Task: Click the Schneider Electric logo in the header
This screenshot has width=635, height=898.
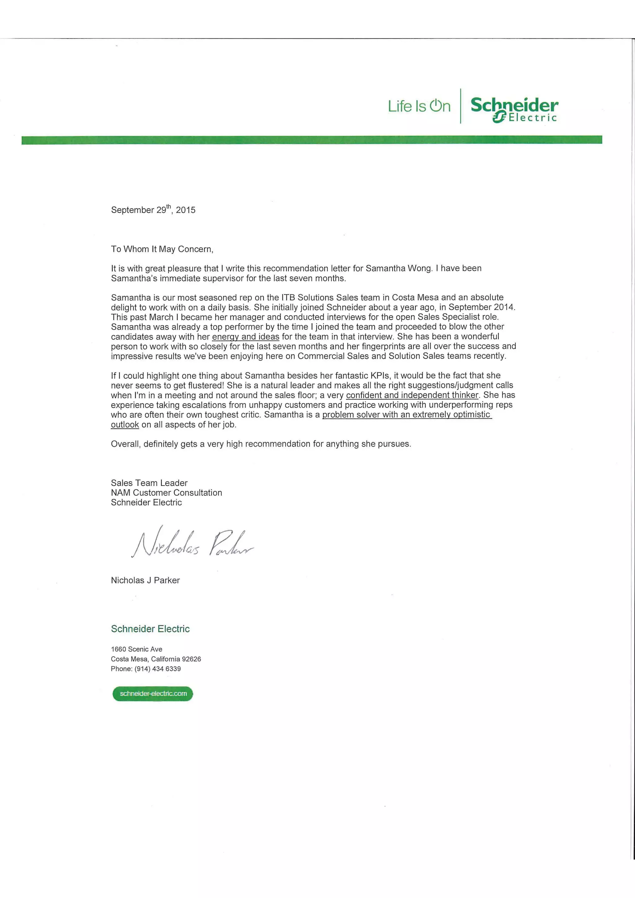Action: pyautogui.click(x=514, y=109)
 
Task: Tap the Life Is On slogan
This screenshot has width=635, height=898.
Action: pyautogui.click(x=419, y=106)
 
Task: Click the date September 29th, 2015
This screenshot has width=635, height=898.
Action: pyautogui.click(x=153, y=210)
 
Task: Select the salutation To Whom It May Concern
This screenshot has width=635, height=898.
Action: pyautogui.click(x=162, y=249)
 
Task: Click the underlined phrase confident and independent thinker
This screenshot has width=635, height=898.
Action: pyautogui.click(x=412, y=395)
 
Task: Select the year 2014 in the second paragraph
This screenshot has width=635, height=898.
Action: pyautogui.click(x=504, y=307)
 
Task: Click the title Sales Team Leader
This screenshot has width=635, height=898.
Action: pyautogui.click(x=149, y=483)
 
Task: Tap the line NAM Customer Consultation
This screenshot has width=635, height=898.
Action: pyautogui.click(x=166, y=492)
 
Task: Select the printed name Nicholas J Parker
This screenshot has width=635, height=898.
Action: pyautogui.click(x=145, y=580)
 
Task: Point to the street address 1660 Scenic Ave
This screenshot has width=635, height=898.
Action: pyautogui.click(x=136, y=649)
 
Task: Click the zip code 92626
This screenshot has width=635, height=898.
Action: pyautogui.click(x=191, y=659)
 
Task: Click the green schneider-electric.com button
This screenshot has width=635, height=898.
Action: pyautogui.click(x=153, y=694)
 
